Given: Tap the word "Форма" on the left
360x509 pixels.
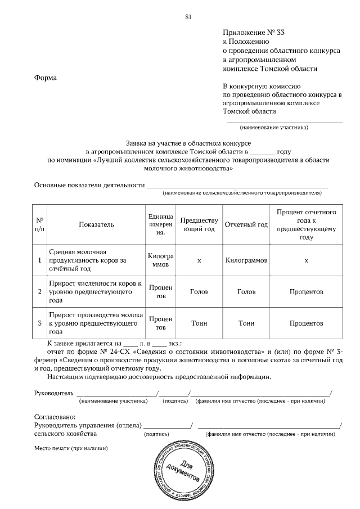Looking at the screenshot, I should pos(46,77).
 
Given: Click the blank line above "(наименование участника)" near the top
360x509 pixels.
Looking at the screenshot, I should pos(285,120).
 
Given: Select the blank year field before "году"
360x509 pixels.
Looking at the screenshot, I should pos(262,151).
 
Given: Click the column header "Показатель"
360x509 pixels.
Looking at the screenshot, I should pos(96,225).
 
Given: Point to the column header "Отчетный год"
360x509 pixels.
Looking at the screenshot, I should pos(246,225).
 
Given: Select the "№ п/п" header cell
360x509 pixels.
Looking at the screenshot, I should pos(39,225).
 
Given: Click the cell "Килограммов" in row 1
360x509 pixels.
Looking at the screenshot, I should pos(246,261).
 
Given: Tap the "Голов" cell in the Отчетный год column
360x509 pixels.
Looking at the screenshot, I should pos(246,292).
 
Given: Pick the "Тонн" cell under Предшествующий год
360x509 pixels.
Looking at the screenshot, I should pos(199,323).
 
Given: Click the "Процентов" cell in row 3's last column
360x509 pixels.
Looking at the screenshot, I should pos(306,323).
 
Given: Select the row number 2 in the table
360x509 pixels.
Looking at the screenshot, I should pos(39,292).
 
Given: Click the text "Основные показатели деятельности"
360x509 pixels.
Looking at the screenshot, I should pos(88,184).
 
